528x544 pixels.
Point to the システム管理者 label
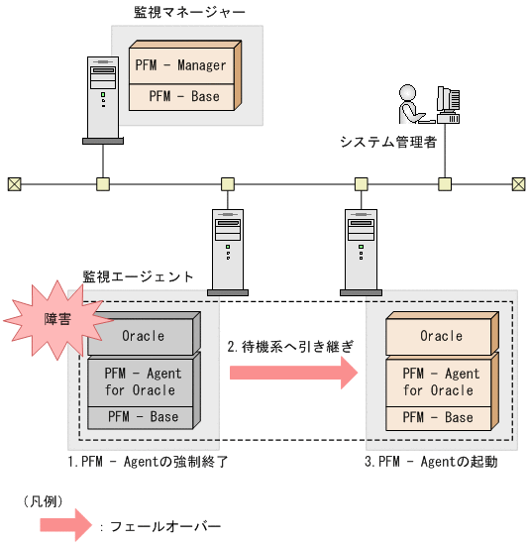pos(388,142)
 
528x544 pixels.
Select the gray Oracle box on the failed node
pos(143,336)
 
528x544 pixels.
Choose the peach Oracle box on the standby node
pos(440,336)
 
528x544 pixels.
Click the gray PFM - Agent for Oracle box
pos(143,381)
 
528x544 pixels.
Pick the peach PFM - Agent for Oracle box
pos(440,381)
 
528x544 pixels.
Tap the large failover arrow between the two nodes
pos(293,373)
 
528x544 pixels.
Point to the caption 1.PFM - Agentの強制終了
pos(148,461)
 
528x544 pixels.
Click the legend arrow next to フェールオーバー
pos(59,523)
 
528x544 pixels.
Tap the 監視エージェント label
pos(138,275)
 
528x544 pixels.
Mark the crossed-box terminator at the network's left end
pos(14,183)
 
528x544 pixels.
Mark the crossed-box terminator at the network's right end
pos(517,183)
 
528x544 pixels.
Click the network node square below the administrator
pos(445,183)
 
